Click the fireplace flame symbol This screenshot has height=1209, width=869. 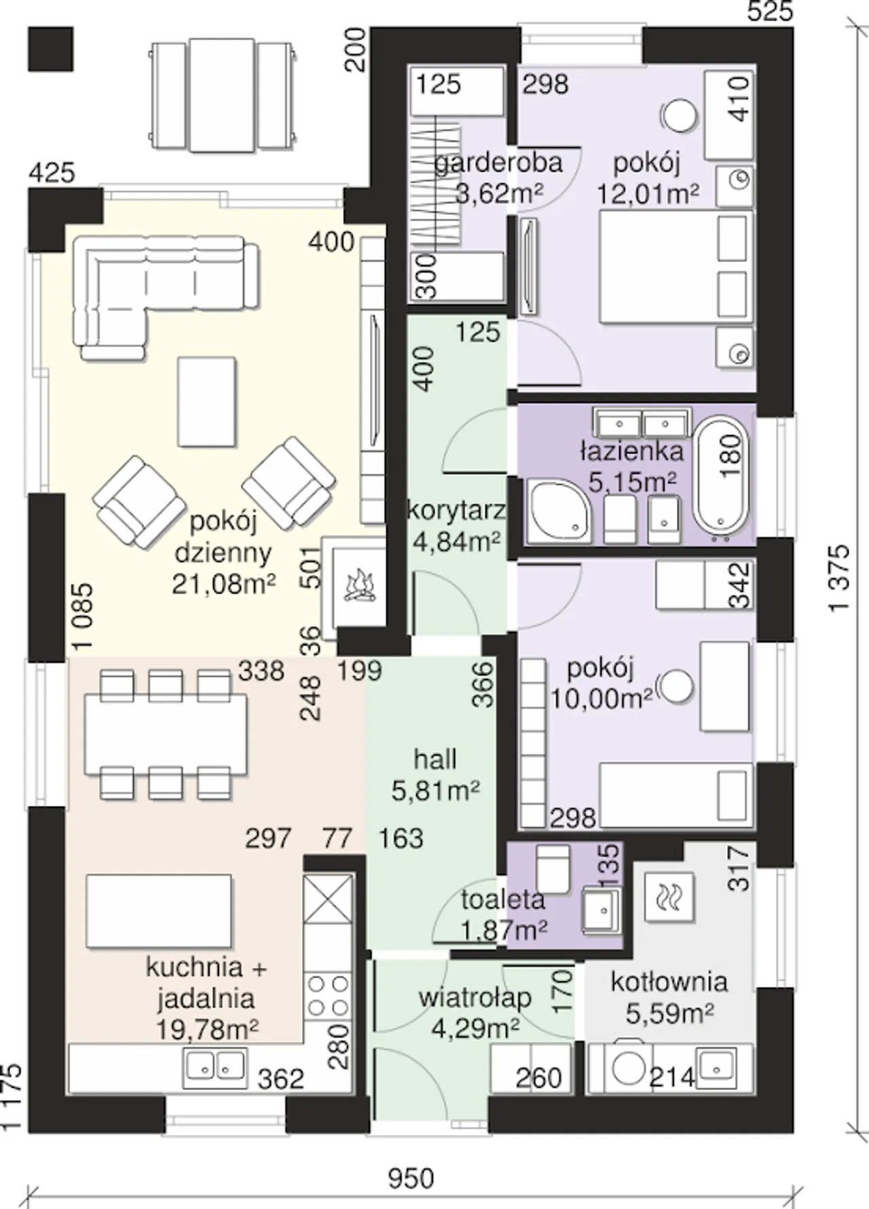[x=359, y=587]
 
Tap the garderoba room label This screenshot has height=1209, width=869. [x=498, y=163]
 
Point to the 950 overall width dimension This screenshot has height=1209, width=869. [x=411, y=1177]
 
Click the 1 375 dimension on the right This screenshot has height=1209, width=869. [x=839, y=577]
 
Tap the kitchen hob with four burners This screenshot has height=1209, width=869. [x=329, y=996]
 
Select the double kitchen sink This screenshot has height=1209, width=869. [x=214, y=1068]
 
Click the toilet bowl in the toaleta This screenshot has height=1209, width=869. [x=552, y=868]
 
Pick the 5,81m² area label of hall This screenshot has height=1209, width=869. [x=436, y=790]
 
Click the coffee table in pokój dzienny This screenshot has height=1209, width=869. [x=207, y=402]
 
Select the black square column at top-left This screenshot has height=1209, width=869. [x=50, y=48]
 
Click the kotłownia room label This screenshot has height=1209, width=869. [x=669, y=982]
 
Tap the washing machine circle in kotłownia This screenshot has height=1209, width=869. [x=629, y=1068]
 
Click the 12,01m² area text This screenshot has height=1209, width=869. [x=648, y=194]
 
